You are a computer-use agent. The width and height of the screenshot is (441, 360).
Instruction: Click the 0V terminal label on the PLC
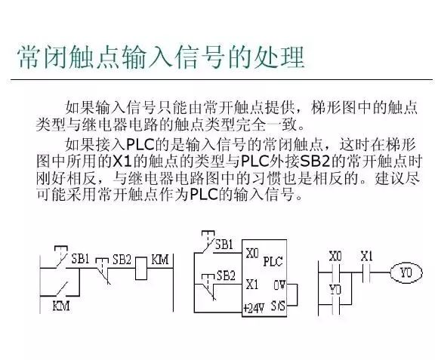coord(279,285)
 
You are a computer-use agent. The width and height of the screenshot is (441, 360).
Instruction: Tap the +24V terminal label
coord(254,308)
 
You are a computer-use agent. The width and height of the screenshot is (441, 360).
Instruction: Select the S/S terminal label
coord(278,306)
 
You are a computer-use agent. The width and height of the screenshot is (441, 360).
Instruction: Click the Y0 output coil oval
coord(406,272)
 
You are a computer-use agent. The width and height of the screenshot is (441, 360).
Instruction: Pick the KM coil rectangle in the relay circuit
coord(141,269)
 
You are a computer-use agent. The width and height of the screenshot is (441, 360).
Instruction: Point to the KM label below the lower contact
coord(61,306)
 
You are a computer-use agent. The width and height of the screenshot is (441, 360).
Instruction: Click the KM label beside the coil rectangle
coord(160,260)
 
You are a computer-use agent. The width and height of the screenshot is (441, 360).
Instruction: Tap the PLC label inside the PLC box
coord(273,261)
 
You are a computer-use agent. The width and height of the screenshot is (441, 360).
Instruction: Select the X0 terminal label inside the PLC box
coord(252,254)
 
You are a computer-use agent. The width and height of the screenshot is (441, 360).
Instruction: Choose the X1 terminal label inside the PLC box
coord(251,285)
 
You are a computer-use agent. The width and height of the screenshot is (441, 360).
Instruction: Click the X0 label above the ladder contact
coord(335,257)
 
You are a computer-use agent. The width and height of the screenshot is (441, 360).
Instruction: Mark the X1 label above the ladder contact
coord(366,256)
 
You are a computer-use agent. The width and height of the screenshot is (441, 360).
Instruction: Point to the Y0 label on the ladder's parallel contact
coord(335,290)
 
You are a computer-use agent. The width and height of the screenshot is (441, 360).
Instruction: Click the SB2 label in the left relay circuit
coord(122,260)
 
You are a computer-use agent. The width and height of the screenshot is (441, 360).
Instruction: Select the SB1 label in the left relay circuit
coord(80,259)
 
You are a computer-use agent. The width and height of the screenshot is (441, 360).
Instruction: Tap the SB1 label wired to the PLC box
coord(224,245)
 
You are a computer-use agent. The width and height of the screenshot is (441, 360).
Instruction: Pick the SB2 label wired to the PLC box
coord(226,275)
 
